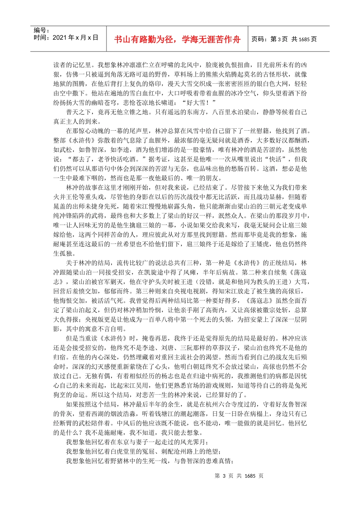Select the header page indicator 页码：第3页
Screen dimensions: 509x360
click(270, 39)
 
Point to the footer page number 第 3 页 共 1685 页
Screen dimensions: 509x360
click(239, 476)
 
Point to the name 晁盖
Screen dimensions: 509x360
click(59, 206)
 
